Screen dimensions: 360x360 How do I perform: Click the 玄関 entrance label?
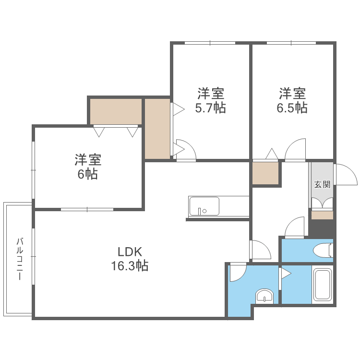[322, 184]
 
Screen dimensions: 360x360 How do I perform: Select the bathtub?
[322, 285]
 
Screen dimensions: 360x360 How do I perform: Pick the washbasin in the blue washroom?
[264, 296]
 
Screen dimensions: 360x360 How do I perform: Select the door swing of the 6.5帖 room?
[295, 149]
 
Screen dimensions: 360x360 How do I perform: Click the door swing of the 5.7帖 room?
[186, 149]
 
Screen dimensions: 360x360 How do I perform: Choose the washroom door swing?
[238, 272]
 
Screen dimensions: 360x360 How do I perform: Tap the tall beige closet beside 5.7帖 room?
[157, 129]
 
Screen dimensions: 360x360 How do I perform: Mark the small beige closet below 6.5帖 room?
[265, 173]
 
